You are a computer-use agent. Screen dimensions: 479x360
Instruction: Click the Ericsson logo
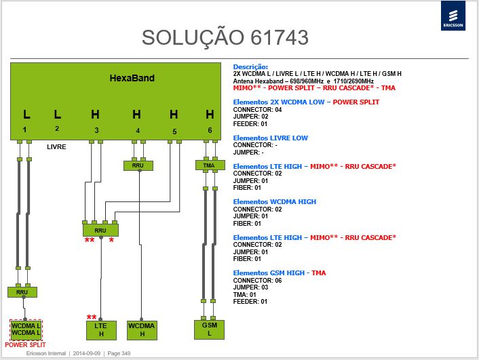(453, 16)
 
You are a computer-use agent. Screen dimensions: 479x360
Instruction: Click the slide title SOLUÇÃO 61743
(225, 37)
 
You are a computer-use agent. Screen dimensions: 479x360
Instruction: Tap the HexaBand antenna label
(132, 78)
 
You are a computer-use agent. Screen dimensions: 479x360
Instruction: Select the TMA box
(210, 165)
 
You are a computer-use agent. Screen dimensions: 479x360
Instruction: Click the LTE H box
(101, 330)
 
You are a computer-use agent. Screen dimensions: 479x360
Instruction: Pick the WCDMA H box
(142, 330)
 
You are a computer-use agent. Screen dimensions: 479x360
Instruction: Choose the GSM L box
(209, 329)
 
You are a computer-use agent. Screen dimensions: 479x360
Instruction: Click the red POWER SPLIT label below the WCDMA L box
(25, 344)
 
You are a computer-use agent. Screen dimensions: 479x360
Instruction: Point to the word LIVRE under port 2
(56, 147)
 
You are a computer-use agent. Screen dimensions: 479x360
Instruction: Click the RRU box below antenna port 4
(138, 165)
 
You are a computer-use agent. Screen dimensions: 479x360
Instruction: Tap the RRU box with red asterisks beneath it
(100, 231)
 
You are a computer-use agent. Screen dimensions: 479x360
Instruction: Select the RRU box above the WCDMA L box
(22, 292)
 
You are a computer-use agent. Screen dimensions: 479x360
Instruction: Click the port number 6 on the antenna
(210, 130)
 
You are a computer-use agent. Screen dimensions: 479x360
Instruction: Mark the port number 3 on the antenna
(96, 130)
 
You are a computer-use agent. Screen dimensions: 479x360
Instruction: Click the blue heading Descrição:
(250, 67)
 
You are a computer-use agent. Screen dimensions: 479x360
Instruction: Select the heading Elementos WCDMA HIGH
(275, 202)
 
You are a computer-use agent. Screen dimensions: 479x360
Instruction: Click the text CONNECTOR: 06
(257, 280)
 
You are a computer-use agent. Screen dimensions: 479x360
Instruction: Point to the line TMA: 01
(244, 295)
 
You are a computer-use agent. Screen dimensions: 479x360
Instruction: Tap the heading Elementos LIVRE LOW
(270, 138)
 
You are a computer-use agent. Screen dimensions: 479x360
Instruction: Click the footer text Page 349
(119, 353)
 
